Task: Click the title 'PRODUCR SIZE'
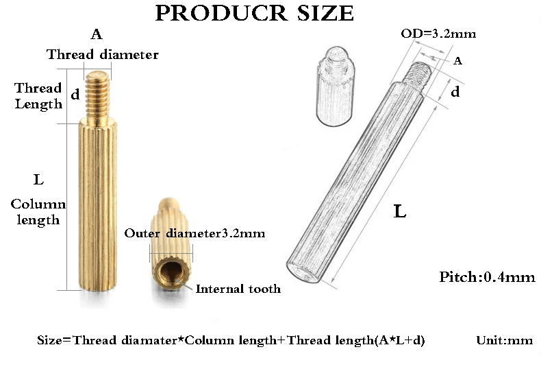pyautogui.click(x=254, y=13)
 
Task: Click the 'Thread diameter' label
pyautogui.click(x=103, y=55)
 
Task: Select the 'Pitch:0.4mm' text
pyautogui.click(x=487, y=278)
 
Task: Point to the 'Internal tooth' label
pyautogui.click(x=238, y=289)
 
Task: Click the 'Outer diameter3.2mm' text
pyautogui.click(x=194, y=233)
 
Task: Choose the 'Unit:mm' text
pyautogui.click(x=503, y=340)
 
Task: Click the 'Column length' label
pyautogui.click(x=38, y=212)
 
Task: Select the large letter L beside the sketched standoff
pyautogui.click(x=401, y=211)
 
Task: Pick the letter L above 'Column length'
pyautogui.click(x=38, y=180)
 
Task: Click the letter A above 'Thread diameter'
pyautogui.click(x=97, y=34)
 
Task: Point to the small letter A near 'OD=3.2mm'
pyautogui.click(x=458, y=61)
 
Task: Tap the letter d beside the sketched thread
pyautogui.click(x=455, y=92)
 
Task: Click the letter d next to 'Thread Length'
pyautogui.click(x=75, y=95)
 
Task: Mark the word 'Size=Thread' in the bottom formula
pyautogui.click(x=68, y=340)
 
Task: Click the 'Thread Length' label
pyautogui.click(x=39, y=96)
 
